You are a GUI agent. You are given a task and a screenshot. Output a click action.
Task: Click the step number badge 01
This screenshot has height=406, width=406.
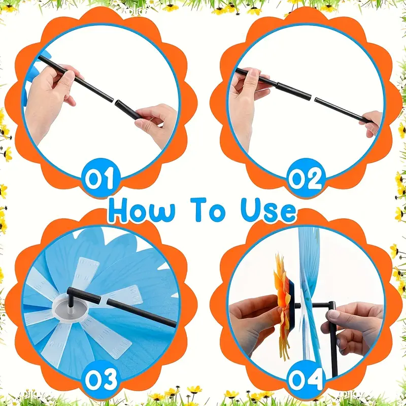tap(100, 178)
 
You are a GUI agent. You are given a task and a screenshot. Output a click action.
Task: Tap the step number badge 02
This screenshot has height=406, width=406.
tap(305, 178)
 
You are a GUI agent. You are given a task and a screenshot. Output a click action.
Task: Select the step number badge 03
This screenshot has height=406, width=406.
tap(100, 379)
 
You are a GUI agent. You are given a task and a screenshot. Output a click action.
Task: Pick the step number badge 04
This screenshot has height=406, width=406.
tap(306, 379)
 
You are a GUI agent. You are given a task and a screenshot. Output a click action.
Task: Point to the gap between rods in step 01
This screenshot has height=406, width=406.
tap(114, 100)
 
